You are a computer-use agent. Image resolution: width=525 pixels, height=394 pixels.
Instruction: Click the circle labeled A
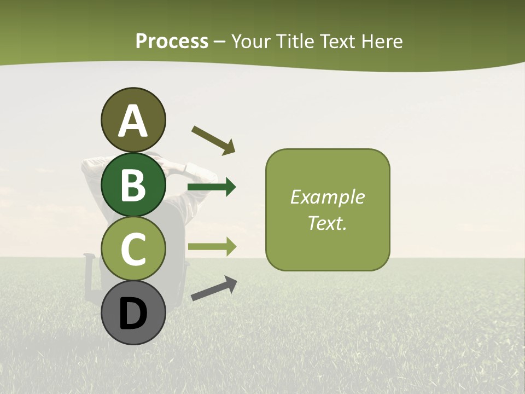[x=133, y=120]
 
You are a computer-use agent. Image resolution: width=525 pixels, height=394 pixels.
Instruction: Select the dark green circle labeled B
[x=133, y=185]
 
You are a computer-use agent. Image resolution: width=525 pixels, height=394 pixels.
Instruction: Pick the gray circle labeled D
[x=133, y=312]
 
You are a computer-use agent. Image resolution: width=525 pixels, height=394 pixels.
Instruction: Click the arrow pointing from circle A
[x=213, y=140]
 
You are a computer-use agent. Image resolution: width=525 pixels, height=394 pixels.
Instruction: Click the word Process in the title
[x=172, y=41]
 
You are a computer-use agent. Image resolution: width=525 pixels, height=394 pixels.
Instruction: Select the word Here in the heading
[x=382, y=41]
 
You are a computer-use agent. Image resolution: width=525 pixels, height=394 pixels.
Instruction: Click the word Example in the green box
[x=327, y=197]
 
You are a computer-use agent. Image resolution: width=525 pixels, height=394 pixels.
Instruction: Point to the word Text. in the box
[x=327, y=223]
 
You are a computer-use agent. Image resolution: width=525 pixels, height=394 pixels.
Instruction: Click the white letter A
[x=133, y=121]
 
